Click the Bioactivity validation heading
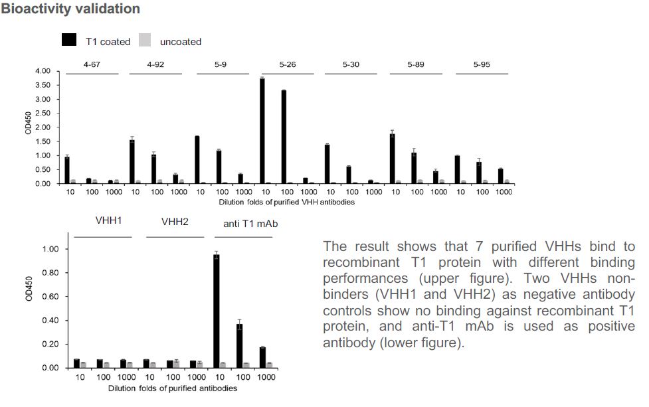(x=70, y=9)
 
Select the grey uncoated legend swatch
(x=145, y=41)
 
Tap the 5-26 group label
(x=288, y=64)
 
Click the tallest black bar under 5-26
(x=262, y=131)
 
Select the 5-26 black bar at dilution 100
(x=284, y=137)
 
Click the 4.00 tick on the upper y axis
(x=43, y=72)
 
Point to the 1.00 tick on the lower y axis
(x=52, y=249)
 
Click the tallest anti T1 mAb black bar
(x=216, y=311)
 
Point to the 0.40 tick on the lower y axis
(x=52, y=321)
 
